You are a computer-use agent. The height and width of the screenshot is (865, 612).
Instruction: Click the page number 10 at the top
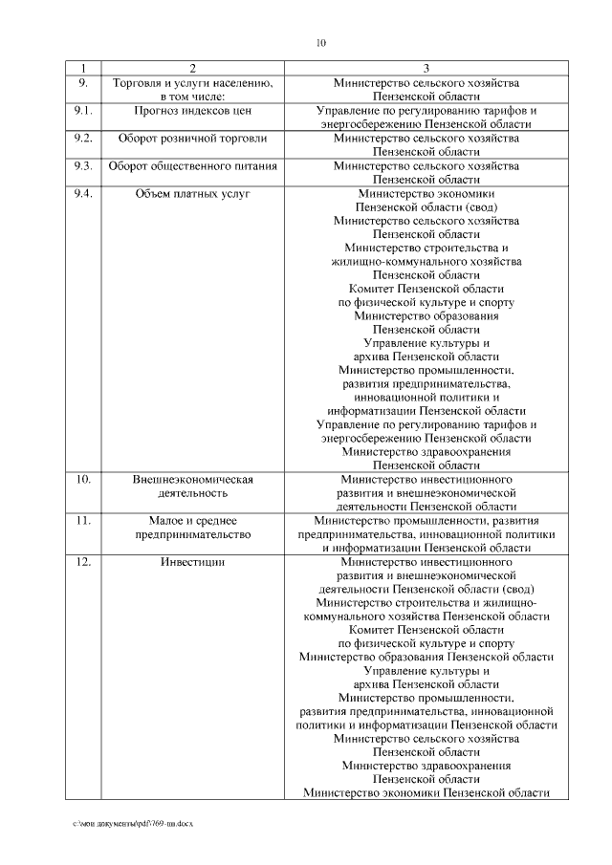[x=320, y=42]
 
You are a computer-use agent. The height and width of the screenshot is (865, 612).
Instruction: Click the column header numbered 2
[x=192, y=69]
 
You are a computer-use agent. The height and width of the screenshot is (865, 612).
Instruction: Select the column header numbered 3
[x=426, y=69]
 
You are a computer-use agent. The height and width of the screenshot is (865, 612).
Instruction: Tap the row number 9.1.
[x=83, y=111]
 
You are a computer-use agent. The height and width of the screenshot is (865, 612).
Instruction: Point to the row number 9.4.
[x=83, y=193]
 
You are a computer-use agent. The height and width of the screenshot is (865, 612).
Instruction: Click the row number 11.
[x=83, y=522]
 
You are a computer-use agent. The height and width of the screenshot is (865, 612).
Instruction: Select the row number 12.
[x=83, y=563]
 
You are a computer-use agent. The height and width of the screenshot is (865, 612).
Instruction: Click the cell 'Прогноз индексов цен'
[x=192, y=111]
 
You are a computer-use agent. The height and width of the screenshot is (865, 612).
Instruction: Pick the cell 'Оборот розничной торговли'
[x=192, y=139]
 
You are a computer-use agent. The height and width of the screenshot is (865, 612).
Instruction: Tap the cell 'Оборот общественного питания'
[x=192, y=166]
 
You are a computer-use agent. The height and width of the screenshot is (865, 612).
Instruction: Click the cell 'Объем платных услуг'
[x=192, y=193]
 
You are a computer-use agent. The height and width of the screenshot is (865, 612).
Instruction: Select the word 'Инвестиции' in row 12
[x=192, y=563]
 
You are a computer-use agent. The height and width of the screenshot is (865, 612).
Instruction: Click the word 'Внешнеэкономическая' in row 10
[x=192, y=480]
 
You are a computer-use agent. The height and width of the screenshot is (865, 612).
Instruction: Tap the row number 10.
[x=83, y=480]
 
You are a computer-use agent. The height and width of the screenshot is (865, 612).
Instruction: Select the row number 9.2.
[x=83, y=139]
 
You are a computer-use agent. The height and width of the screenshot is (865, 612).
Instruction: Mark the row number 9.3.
[x=83, y=166]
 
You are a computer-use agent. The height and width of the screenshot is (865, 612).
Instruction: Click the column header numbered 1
[x=83, y=69]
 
